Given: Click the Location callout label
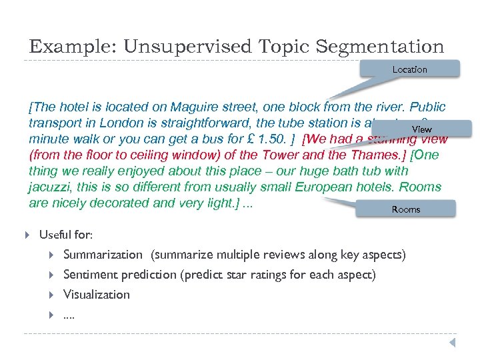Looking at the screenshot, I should [409, 69].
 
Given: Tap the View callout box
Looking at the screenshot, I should [421, 129].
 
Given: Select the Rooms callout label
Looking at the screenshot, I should [405, 209].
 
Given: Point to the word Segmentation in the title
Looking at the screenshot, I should [380, 47].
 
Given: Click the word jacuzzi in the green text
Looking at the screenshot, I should [51, 187].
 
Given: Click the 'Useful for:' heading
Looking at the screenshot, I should [66, 235].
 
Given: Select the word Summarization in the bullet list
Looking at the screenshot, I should [103, 255].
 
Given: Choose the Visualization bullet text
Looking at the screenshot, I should [97, 295].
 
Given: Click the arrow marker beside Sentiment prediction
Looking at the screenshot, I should [52, 275].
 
